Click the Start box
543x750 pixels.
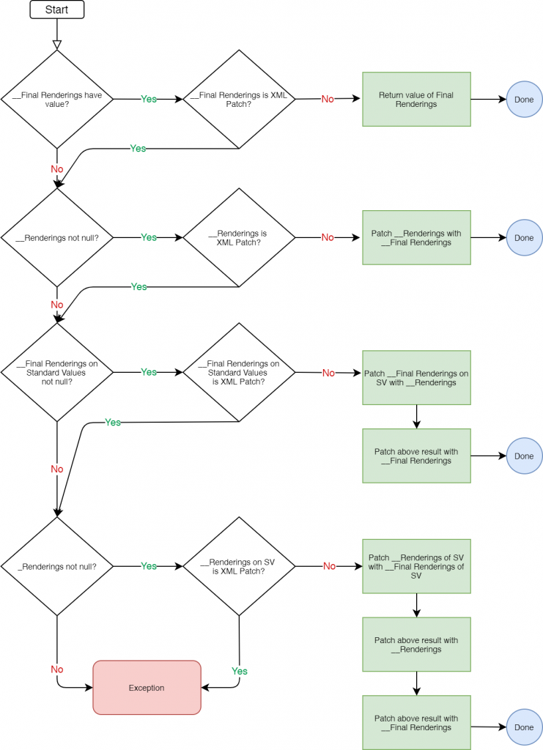click(x=57, y=10)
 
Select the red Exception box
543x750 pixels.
click(x=147, y=687)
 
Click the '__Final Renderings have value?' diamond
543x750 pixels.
click(x=57, y=99)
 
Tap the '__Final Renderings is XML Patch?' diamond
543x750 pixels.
click(x=239, y=99)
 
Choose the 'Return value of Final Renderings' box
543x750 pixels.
click(x=416, y=99)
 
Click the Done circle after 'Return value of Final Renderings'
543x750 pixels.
click(x=524, y=99)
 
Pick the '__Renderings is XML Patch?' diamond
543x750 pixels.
click(x=239, y=237)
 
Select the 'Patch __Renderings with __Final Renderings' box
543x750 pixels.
click(x=416, y=237)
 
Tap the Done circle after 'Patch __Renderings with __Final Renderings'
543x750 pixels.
click(x=524, y=237)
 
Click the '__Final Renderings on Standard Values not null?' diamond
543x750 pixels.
click(x=57, y=372)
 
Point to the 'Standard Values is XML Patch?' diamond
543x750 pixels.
click(x=239, y=372)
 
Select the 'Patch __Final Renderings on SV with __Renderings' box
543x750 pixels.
click(x=416, y=378)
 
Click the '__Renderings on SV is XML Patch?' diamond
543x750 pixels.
click(x=239, y=566)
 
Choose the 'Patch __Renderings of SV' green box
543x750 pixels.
click(x=416, y=566)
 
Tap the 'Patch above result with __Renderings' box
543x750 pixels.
click(x=416, y=645)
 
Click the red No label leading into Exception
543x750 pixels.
click(x=57, y=669)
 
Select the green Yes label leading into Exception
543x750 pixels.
click(x=240, y=671)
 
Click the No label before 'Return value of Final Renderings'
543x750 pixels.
click(x=328, y=99)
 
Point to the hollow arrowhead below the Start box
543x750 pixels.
click(x=57, y=42)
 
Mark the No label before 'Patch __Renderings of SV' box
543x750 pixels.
click(x=329, y=566)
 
